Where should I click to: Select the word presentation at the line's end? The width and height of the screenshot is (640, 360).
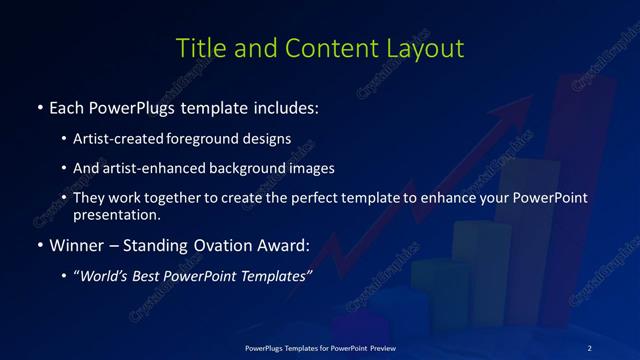pos(116,214)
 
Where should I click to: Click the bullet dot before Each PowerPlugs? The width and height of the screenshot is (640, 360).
pos(40,107)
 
